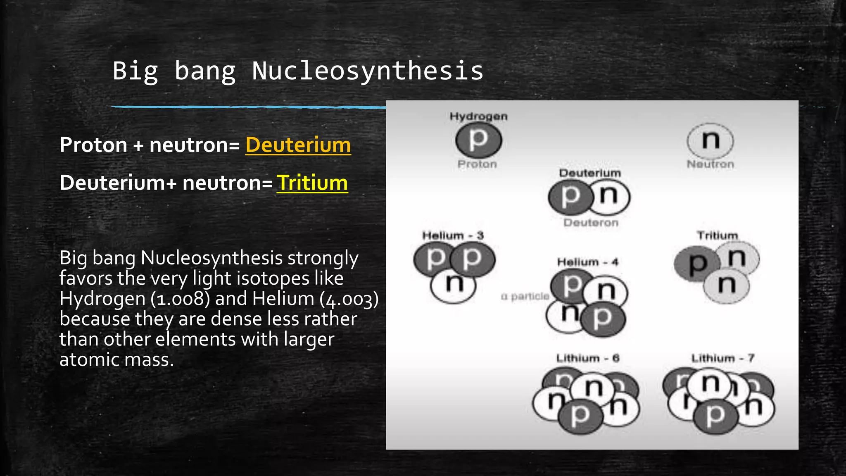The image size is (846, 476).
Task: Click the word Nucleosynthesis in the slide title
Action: point(367,71)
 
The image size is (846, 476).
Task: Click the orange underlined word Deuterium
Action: point(298,145)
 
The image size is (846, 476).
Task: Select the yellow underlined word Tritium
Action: point(312,183)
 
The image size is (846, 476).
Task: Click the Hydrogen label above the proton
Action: point(478,117)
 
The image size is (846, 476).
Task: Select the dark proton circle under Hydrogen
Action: point(478,140)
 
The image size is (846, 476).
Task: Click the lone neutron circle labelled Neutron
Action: point(710,140)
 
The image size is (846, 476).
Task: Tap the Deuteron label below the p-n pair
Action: point(591,223)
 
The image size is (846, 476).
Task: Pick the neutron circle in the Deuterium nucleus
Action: point(609,197)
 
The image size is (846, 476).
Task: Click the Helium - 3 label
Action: point(453,236)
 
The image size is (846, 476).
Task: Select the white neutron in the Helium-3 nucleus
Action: point(453,285)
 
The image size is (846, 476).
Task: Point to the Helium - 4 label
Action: point(587,262)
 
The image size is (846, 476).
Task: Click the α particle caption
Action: point(525,296)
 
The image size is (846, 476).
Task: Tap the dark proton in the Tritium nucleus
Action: point(695,264)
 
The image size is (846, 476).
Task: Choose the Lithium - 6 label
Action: point(587,358)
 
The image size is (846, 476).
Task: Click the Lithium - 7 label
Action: point(723,358)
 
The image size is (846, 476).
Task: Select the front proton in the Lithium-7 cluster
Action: point(715,416)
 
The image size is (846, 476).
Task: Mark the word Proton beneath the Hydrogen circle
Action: point(477,164)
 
